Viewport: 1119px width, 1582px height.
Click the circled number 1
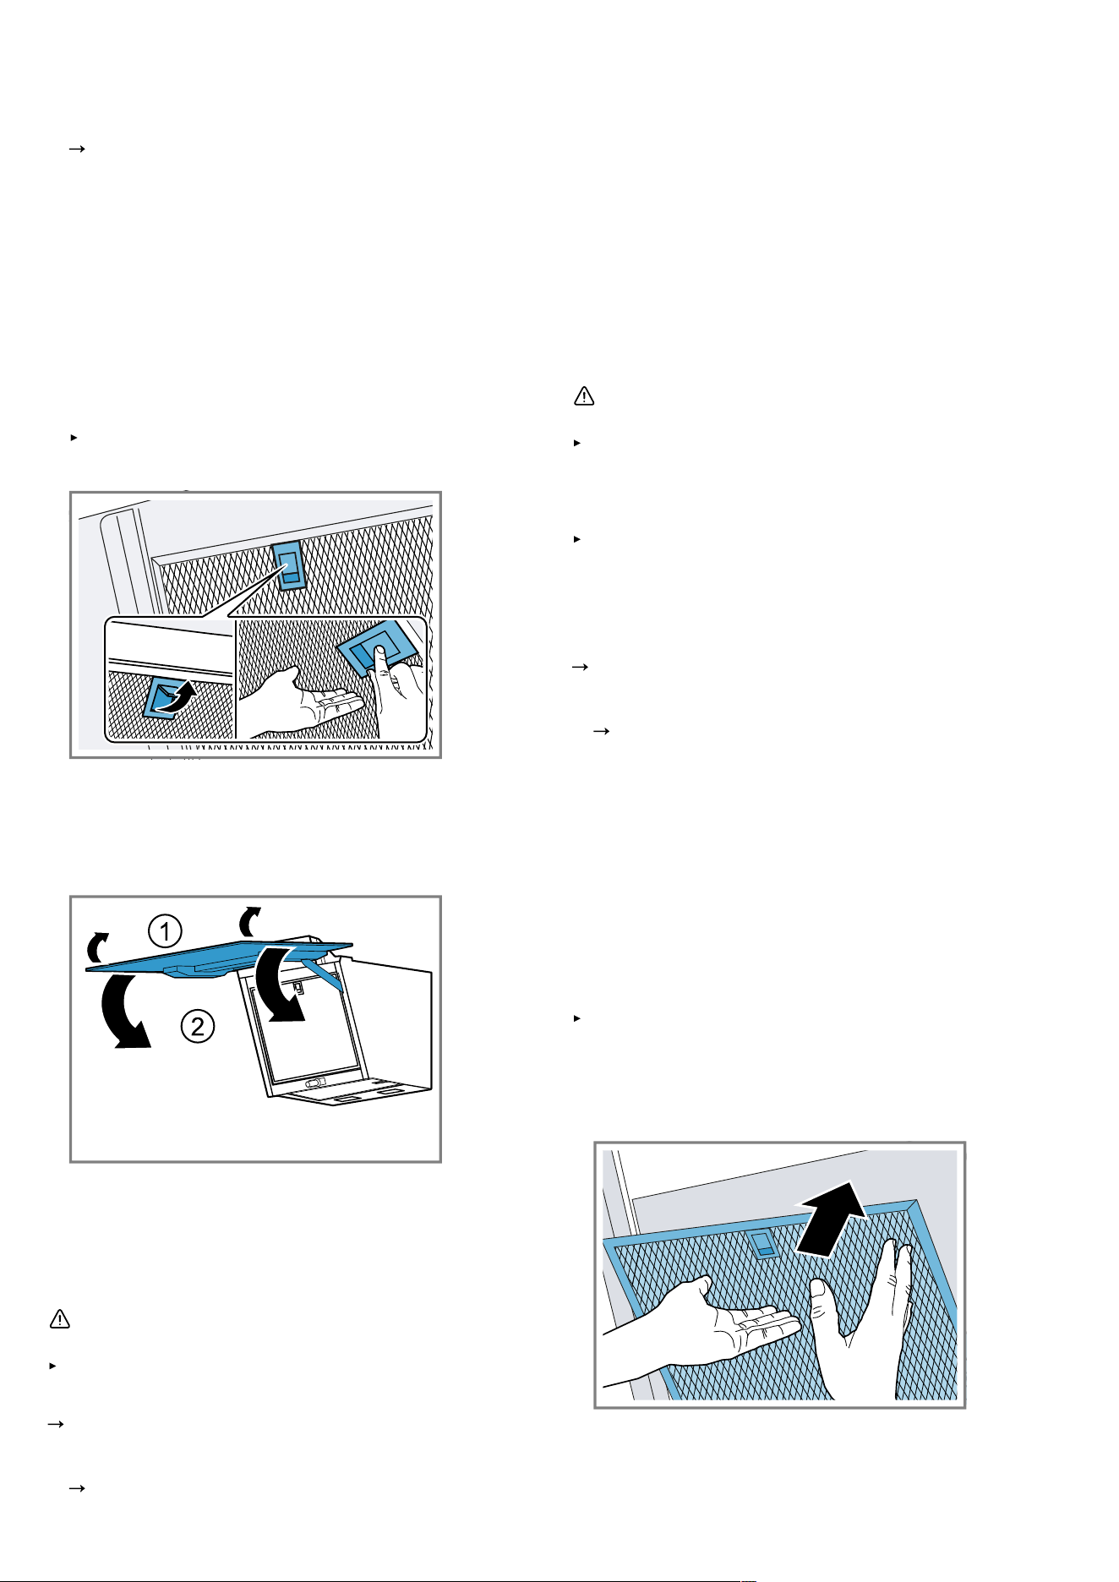tap(165, 932)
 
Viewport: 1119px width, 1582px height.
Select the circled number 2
tap(197, 1027)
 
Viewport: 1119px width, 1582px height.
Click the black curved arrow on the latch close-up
tap(178, 696)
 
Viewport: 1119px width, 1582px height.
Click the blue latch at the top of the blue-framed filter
tap(763, 1243)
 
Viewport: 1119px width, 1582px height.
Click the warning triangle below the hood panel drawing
tap(59, 1319)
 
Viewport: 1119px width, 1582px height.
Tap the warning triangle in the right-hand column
tap(584, 395)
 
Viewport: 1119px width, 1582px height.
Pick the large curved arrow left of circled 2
tap(123, 1010)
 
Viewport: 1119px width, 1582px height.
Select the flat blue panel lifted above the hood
tap(219, 955)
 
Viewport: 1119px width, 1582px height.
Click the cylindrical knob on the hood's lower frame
tap(314, 1083)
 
